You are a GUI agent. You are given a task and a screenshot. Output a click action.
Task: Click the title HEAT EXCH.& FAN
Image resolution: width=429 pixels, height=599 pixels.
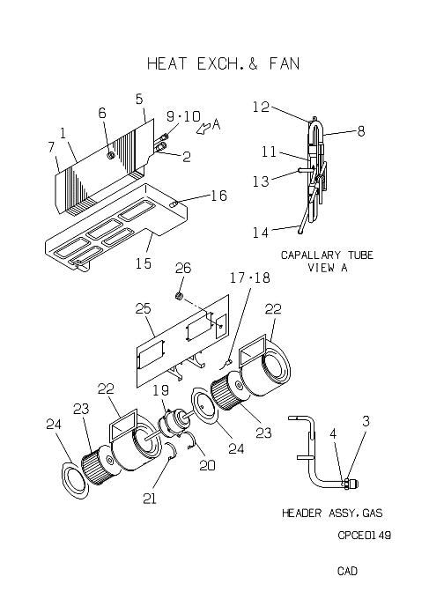coord(223,63)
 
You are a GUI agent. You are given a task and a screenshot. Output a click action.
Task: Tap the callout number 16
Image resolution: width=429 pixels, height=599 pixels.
coord(218,196)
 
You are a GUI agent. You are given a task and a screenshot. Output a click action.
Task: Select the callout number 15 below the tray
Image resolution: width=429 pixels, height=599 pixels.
coord(144,263)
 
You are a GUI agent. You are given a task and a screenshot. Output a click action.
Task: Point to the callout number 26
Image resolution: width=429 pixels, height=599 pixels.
coord(183,268)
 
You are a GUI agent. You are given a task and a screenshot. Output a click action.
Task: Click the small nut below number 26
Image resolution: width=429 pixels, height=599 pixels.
coord(178,296)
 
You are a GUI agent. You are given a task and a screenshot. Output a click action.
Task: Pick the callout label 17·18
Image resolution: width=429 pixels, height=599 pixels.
coord(250,277)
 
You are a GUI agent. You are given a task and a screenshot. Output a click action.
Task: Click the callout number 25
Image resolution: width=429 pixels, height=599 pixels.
coord(144,308)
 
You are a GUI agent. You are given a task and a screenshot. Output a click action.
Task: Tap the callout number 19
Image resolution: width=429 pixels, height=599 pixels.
coord(161,390)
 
